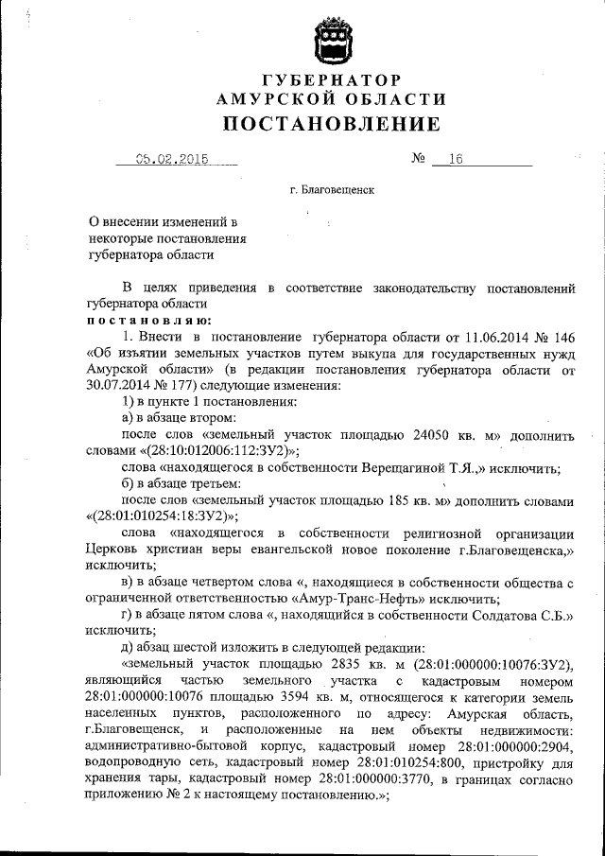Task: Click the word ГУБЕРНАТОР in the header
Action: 331,79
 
